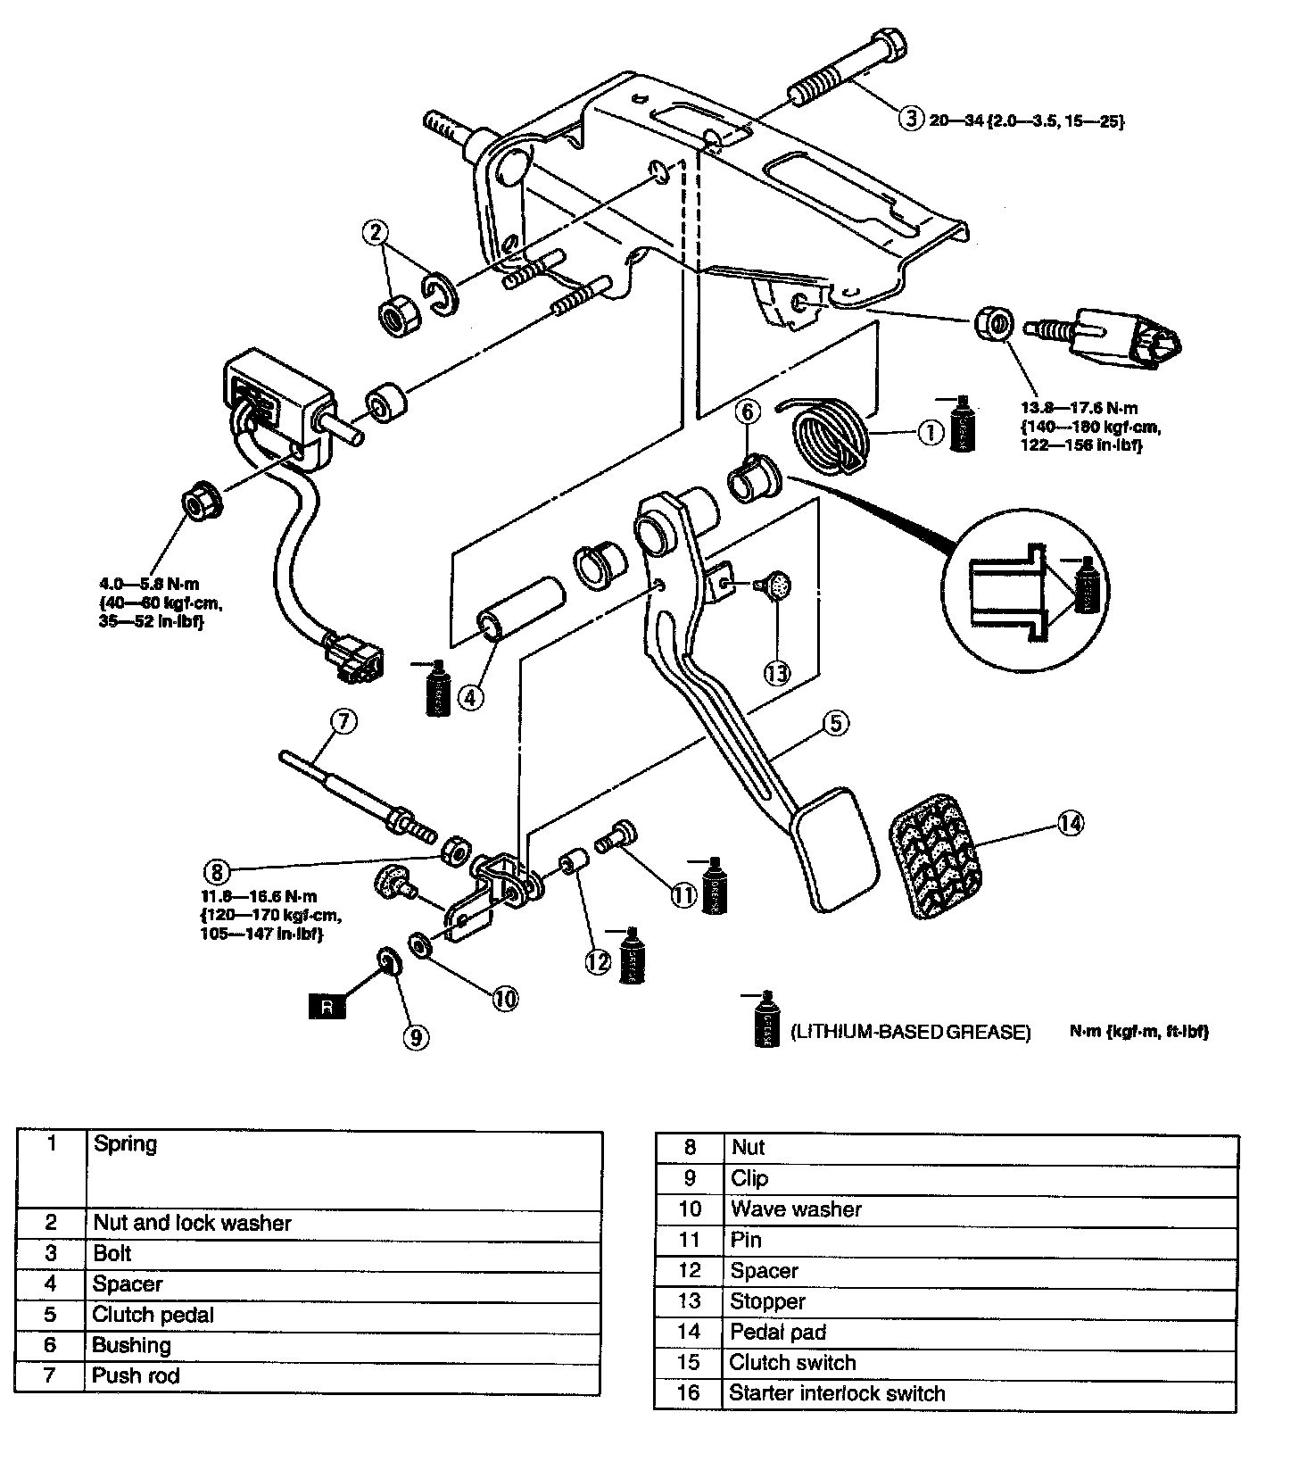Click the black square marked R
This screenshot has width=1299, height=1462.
(327, 1007)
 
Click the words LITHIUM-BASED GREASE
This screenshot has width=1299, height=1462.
(910, 1032)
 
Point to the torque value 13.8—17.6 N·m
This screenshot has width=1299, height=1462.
(1079, 408)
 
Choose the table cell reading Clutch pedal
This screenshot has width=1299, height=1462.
(153, 1315)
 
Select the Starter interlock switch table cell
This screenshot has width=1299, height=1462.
(837, 1393)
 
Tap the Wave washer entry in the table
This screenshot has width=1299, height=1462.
(796, 1209)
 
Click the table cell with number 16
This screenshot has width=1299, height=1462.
(689, 1393)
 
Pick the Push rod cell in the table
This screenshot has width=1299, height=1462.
(136, 1375)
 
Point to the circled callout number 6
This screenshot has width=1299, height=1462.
(748, 411)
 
